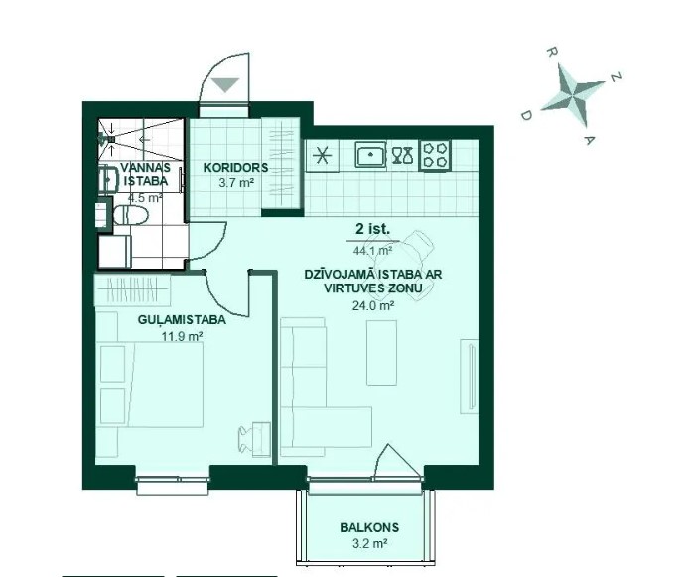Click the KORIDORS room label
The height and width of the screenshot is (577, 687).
tap(235, 168)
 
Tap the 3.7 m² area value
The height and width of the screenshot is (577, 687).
tap(236, 182)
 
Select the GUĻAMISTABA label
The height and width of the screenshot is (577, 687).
tap(182, 320)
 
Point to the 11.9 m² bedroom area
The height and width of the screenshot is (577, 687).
tap(182, 336)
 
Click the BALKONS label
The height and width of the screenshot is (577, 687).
tap(369, 527)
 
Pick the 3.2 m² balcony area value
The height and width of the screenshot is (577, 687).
tap(369, 543)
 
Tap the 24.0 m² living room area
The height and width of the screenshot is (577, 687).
tap(373, 305)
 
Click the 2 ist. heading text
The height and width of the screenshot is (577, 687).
tap(373, 229)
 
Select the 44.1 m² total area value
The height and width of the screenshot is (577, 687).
tap(372, 251)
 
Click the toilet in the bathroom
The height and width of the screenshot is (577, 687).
tap(131, 215)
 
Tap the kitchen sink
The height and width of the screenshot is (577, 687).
tap(370, 154)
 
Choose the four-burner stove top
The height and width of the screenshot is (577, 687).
tap(436, 155)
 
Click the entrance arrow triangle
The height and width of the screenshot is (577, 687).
tap(225, 84)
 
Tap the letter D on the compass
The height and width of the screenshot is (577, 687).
tap(526, 115)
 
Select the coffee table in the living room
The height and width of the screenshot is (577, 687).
tap(381, 353)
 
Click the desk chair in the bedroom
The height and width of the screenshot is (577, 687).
tap(247, 439)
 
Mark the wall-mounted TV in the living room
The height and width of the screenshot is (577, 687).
tap(472, 376)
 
